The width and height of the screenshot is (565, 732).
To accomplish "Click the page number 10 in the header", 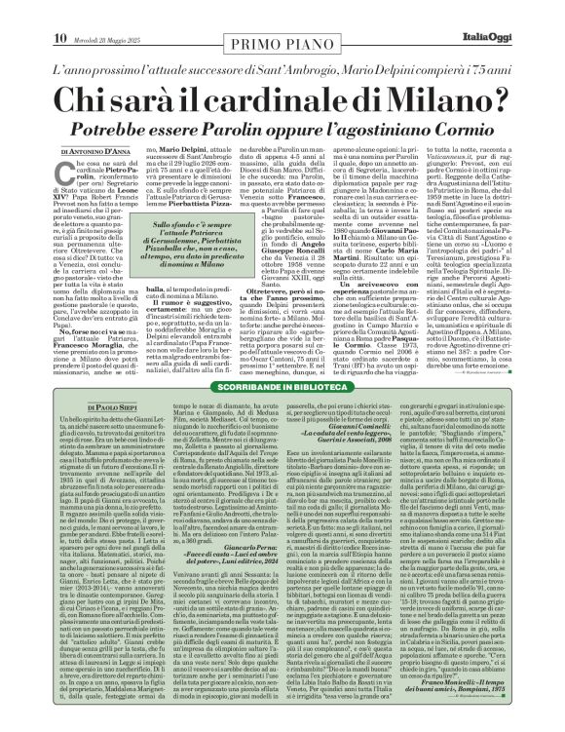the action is [x=59, y=12].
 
